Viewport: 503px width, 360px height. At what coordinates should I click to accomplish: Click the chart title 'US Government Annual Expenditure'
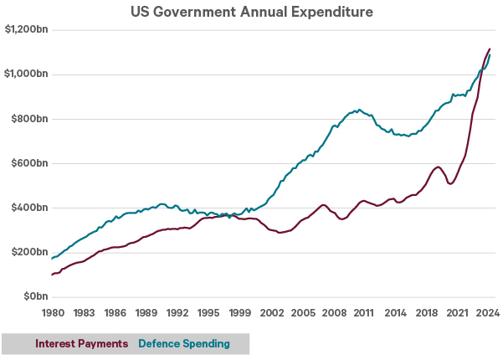[x=251, y=13]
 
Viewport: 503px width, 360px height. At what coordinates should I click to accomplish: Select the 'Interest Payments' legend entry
[x=81, y=343]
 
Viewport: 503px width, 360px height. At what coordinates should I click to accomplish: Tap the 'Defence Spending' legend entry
[x=184, y=343]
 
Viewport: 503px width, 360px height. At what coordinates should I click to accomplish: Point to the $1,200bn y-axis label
[x=25, y=30]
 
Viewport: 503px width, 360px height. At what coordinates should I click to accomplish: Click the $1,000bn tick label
[x=25, y=75]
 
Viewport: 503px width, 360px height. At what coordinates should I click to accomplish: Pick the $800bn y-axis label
[x=28, y=119]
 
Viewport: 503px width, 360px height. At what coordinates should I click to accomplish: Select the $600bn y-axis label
[x=28, y=163]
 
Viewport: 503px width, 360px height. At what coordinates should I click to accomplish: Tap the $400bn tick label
[x=28, y=208]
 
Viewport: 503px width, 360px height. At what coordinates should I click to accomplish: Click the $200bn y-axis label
[x=28, y=252]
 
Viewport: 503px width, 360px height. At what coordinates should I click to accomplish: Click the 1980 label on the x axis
[x=52, y=313]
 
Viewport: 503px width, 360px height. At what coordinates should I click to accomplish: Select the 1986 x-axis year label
[x=115, y=313]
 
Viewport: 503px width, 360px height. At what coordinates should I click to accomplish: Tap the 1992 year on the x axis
[x=177, y=313]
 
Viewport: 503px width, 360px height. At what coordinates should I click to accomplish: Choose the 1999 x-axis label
[x=239, y=313]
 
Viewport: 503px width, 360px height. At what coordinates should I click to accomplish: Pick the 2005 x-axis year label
[x=301, y=313]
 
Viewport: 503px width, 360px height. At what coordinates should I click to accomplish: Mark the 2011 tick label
[x=364, y=313]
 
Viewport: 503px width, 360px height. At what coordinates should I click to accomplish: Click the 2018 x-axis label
[x=426, y=313]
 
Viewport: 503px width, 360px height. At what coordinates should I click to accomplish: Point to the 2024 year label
[x=488, y=313]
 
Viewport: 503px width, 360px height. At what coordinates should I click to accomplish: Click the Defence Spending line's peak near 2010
[x=358, y=109]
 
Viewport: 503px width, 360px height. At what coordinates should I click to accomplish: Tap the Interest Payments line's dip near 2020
[x=451, y=183]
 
